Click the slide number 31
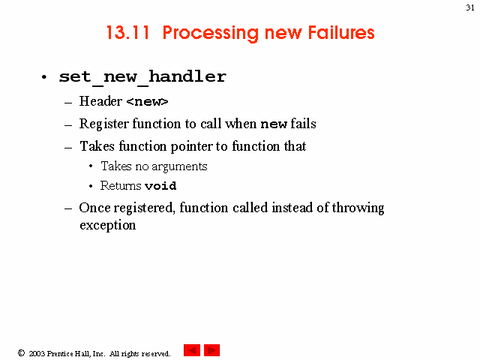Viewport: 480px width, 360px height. pyautogui.click(x=470, y=7)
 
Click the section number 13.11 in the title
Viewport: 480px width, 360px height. pyautogui.click(x=128, y=32)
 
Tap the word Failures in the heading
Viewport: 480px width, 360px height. pyautogui.click(x=341, y=32)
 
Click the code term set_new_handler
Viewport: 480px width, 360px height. pyautogui.click(x=142, y=77)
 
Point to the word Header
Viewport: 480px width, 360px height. pyautogui.click(x=100, y=101)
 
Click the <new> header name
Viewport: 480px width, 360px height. pyautogui.click(x=147, y=102)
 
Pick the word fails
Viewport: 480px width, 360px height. pyautogui.click(x=303, y=123)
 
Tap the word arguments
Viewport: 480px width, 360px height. pyautogui.click(x=179, y=166)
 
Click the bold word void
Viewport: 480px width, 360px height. pyautogui.click(x=160, y=186)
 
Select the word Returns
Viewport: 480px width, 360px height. pyautogui.click(x=121, y=185)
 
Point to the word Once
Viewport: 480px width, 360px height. pyautogui.click(x=94, y=208)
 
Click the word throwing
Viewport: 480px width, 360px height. pyautogui.click(x=358, y=208)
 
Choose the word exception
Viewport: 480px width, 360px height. pyautogui.click(x=108, y=226)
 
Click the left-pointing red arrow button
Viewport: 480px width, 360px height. pyautogui.click(x=192, y=350)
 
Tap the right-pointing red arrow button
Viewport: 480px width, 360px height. pyautogui.click(x=211, y=350)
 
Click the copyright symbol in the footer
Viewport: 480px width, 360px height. pyautogui.click(x=21, y=353)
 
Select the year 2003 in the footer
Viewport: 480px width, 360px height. pyautogui.click(x=37, y=353)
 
